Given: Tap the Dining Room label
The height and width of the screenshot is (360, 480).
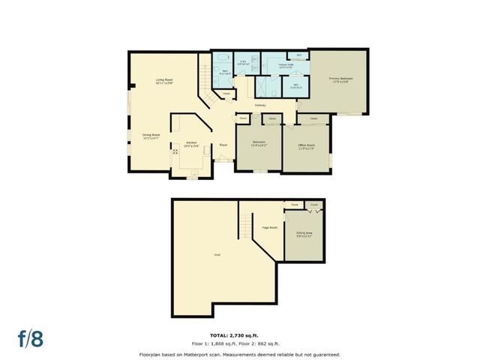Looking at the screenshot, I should click(x=151, y=136).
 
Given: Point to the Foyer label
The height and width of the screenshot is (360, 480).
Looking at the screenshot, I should click(x=223, y=145).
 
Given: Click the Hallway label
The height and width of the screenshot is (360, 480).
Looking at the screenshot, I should click(x=260, y=105).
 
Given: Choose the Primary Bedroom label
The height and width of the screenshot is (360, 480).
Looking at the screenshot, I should click(x=340, y=79).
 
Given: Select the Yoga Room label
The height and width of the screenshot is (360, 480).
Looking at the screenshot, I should click(x=270, y=227).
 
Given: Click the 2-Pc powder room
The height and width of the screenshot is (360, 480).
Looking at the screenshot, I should click(x=243, y=64).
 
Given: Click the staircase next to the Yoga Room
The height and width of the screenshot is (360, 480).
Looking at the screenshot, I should click(x=244, y=223).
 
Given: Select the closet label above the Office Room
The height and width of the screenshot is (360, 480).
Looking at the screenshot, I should click(x=313, y=118).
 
